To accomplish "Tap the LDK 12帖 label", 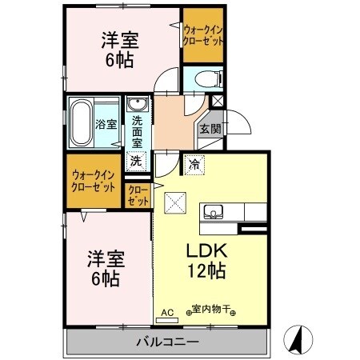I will (x=206, y=258).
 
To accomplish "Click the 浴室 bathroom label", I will (x=106, y=124).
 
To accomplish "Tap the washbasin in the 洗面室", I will (x=136, y=106).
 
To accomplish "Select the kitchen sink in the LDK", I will (x=214, y=211).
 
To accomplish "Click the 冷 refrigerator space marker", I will (x=194, y=165).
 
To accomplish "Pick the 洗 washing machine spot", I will (x=136, y=160).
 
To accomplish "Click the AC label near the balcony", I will (x=167, y=312).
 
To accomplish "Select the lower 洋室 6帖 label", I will (x=104, y=270).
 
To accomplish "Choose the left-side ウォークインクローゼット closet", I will (x=94, y=181).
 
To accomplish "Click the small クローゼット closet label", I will (x=138, y=196).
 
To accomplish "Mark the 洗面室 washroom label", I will (x=137, y=130).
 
